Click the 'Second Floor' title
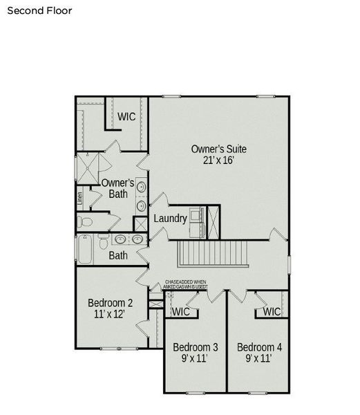(x=39, y=11)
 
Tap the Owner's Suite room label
(x=219, y=149)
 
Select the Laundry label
(x=170, y=219)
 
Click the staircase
(x=214, y=253)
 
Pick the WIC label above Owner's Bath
(x=126, y=116)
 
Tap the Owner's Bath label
(x=118, y=188)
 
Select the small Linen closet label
(x=80, y=196)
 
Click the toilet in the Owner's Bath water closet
(x=84, y=222)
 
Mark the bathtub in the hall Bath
(x=85, y=250)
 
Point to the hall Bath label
(x=118, y=256)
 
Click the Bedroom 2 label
(x=111, y=303)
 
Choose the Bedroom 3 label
(x=196, y=347)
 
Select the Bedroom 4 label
(x=259, y=347)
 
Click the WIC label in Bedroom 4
(x=272, y=312)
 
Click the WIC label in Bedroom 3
(x=181, y=312)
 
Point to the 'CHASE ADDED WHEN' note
(x=185, y=282)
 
